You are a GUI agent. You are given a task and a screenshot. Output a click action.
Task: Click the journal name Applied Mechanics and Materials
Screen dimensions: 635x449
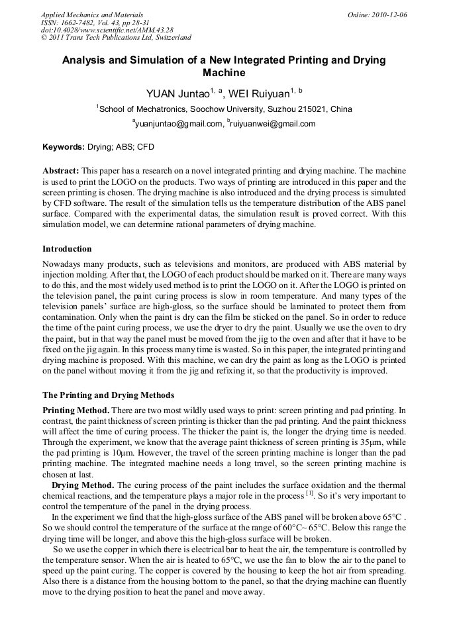(92, 15)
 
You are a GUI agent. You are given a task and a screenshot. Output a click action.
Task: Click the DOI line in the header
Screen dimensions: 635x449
(107, 30)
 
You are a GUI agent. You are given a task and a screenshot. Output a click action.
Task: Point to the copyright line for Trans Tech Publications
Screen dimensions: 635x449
(116, 38)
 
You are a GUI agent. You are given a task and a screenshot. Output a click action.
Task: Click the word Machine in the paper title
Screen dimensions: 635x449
(224, 73)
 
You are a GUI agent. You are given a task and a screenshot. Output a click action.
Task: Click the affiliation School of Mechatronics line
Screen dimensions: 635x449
(224, 109)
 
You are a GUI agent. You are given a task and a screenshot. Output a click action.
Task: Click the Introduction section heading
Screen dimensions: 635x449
(67, 249)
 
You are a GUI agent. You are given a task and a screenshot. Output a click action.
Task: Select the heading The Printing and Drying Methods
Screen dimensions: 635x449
(108, 395)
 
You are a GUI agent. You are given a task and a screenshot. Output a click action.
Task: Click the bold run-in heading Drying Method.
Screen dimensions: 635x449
(83, 485)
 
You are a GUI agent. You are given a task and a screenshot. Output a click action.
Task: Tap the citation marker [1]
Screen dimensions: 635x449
(309, 494)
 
